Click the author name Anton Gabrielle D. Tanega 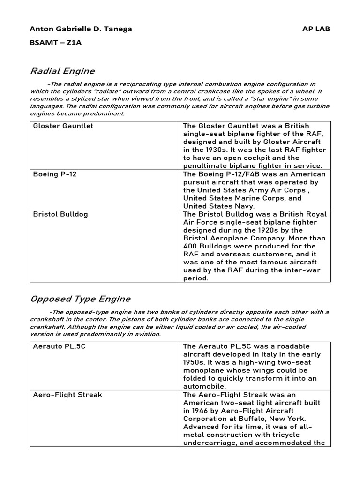81,29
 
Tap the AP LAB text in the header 316,29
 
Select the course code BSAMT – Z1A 55,42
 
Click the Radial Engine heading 62,71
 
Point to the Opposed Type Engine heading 80,299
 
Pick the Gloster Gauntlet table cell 63,126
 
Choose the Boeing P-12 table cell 54,174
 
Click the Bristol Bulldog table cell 60,214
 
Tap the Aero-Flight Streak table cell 67,395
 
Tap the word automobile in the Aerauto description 204,387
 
